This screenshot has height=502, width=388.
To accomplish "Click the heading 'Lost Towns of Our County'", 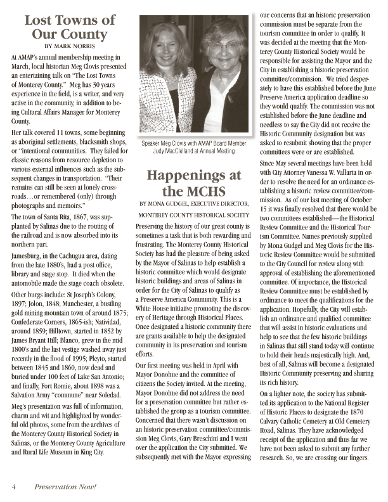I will [70, 27].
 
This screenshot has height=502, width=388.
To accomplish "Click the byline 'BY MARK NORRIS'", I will [70, 46].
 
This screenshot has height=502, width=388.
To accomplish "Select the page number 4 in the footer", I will [13, 486].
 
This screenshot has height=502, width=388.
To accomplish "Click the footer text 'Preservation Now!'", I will [65, 486].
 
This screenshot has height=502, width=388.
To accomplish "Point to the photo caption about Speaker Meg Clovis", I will [193, 148].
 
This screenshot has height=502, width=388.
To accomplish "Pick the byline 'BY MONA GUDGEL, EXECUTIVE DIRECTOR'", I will [193, 203].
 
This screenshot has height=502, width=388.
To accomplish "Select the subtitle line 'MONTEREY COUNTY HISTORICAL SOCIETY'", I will [193, 215].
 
